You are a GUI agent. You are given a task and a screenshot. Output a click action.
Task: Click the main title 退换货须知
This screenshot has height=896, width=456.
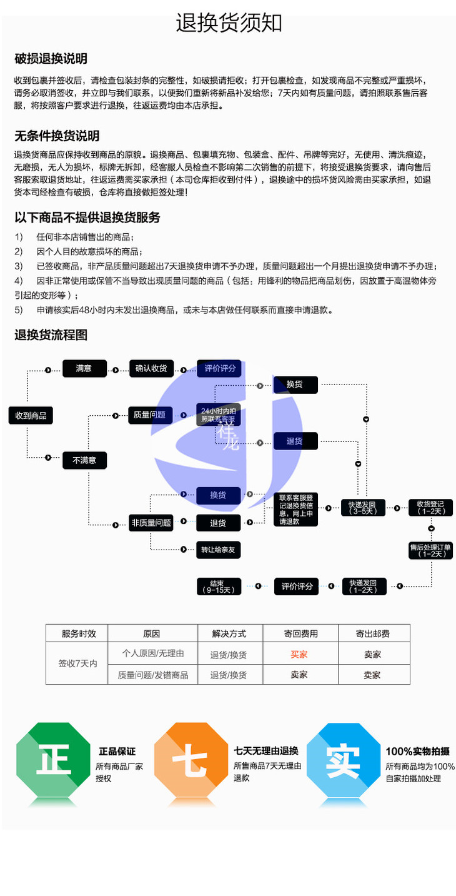point(229,23)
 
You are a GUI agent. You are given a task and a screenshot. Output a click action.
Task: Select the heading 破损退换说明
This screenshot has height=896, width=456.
point(51,59)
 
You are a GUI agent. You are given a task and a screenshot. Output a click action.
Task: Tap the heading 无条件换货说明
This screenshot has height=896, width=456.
point(57,136)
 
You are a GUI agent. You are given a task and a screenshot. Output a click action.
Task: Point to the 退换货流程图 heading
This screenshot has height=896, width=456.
point(51,335)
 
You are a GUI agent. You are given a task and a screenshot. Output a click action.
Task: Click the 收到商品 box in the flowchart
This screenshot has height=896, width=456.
point(31,415)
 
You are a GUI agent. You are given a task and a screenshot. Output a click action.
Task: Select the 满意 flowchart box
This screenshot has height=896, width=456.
point(84,368)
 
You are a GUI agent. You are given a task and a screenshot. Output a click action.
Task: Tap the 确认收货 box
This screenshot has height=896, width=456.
point(151,368)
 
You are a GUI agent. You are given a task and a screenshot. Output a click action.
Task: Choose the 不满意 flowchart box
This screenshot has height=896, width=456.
point(84,460)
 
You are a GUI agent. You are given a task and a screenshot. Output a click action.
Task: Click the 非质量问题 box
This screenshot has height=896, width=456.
point(151,523)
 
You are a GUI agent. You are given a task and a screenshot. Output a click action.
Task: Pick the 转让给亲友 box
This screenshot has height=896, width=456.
point(218,550)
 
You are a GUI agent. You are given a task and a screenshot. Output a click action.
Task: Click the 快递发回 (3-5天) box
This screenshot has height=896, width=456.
point(363,507)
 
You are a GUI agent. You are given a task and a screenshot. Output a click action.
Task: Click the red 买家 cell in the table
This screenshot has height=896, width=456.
point(299,654)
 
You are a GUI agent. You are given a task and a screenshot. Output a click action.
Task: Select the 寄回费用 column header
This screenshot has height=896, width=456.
point(300,633)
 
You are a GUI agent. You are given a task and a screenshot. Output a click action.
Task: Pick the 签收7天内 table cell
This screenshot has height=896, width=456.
point(77,664)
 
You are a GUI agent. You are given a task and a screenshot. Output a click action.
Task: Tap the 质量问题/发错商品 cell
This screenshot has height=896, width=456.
point(153,675)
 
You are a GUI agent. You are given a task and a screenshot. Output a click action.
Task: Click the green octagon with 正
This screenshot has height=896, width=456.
point(53,760)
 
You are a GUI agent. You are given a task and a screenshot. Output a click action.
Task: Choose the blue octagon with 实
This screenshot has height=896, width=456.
point(343,760)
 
